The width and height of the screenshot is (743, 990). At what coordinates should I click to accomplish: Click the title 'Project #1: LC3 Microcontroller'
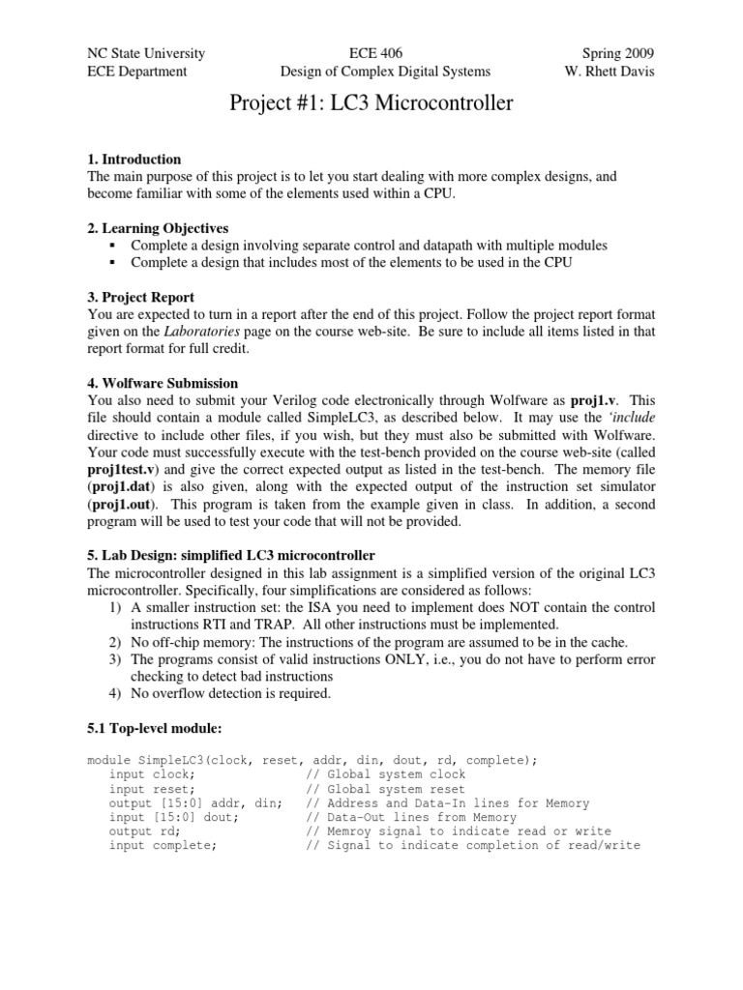[x=371, y=104]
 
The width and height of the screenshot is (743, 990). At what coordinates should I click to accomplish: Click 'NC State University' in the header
[x=146, y=53]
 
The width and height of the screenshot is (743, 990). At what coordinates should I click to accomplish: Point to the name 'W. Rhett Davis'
[x=609, y=71]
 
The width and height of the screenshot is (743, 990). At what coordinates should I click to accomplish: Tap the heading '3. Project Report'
[x=140, y=297]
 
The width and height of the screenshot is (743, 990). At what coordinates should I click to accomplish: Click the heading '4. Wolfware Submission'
[x=163, y=383]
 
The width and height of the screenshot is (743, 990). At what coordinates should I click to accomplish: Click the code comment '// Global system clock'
[x=385, y=774]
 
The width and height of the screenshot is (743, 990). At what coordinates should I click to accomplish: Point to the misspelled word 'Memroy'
[x=354, y=830]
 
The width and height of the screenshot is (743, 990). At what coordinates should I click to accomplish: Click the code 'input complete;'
[x=163, y=845]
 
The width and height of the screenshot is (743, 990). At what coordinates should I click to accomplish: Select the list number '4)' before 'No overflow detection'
[x=114, y=692]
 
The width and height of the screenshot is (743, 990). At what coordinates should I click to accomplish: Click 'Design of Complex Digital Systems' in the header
[x=385, y=71]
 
